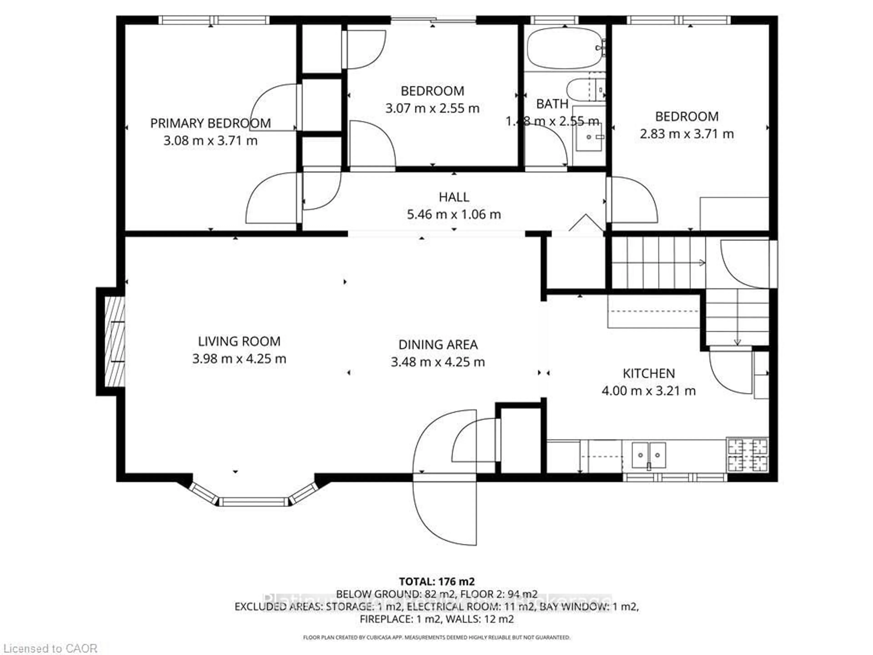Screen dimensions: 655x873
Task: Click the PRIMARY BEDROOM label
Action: (x=210, y=123)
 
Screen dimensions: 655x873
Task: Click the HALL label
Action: (x=454, y=197)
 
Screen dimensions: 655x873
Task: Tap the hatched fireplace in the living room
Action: (x=114, y=342)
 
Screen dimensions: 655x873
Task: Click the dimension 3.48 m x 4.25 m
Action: (x=438, y=362)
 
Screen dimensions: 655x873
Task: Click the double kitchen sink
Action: (x=649, y=455)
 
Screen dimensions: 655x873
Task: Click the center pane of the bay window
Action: (x=253, y=502)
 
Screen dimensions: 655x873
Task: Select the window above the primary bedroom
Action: (x=213, y=20)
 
